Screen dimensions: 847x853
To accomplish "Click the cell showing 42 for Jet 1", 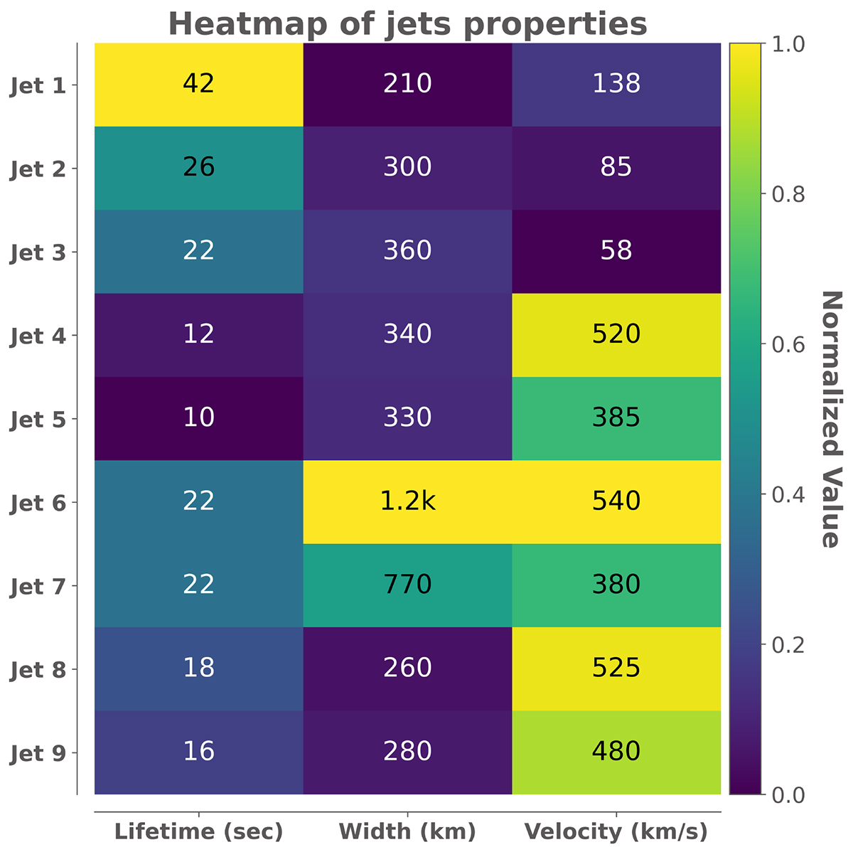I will pos(198,84).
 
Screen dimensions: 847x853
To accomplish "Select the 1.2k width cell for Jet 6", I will pos(407,501).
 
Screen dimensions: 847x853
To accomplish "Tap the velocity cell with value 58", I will pos(616,251).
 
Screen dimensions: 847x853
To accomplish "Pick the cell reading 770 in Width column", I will pos(407,585).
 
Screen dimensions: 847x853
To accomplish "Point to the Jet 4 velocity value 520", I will pos(616,334).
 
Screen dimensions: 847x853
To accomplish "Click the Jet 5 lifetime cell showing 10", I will pos(198,417).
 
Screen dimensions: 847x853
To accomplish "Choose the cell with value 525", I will pos(616,668).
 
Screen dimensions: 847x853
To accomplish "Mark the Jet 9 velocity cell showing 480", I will pos(616,752).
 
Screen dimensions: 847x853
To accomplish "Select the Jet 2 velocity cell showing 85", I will pos(616,167).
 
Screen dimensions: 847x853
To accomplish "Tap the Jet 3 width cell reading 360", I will pos(407,251).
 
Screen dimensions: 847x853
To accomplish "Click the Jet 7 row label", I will pos(38,587).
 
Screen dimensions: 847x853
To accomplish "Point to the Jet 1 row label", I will pos(38,87).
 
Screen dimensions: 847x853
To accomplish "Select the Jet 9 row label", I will pos(38,754).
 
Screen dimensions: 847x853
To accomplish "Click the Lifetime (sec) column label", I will pos(198,831).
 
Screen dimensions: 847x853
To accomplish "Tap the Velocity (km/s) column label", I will pos(616,831).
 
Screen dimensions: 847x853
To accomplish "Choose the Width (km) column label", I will pos(407,831).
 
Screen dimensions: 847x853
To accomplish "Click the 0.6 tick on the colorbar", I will pos(788,344).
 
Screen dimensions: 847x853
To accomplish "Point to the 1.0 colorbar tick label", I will pos(788,44).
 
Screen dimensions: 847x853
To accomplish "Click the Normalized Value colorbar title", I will pos(830,419).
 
